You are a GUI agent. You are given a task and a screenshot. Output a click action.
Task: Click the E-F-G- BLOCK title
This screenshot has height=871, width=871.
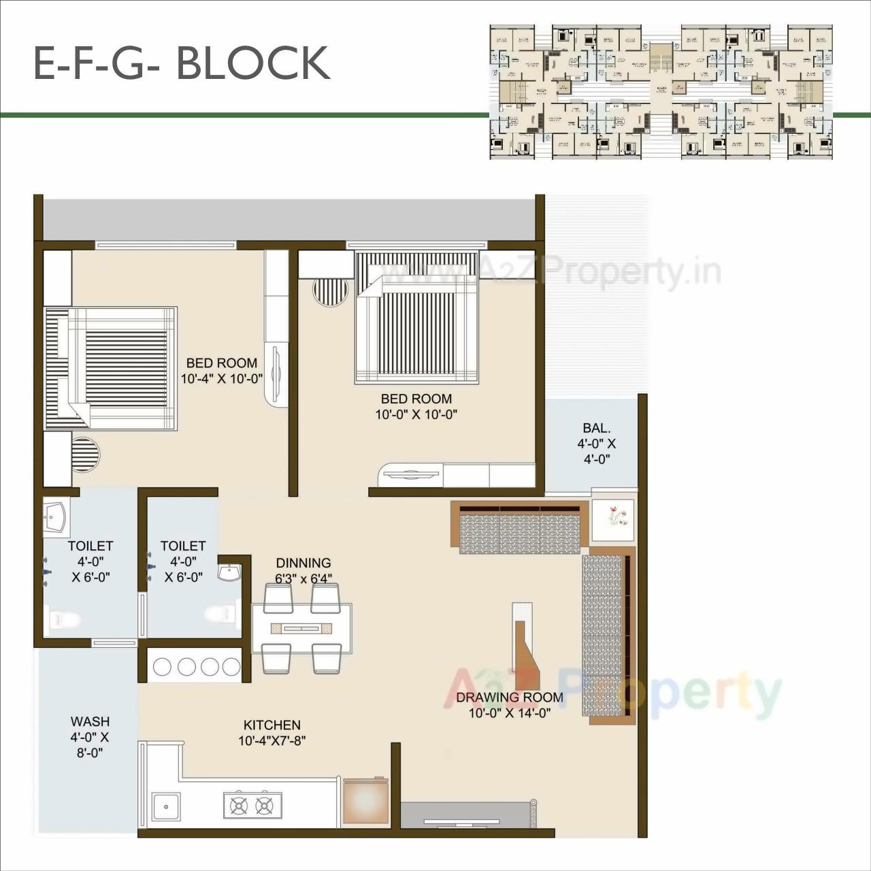182,63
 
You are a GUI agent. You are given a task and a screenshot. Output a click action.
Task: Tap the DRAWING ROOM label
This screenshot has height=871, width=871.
509,697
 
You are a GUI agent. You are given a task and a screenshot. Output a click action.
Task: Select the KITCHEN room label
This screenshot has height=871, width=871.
272,725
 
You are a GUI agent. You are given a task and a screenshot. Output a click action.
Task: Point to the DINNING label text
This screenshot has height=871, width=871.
303,563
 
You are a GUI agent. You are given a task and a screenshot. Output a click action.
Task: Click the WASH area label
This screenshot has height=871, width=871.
90,721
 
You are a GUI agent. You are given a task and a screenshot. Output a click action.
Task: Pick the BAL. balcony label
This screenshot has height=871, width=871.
596,428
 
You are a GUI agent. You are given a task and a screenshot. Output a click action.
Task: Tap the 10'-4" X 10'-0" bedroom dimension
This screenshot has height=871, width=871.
222,379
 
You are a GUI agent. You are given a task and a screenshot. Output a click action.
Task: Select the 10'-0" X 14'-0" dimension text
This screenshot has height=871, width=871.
509,713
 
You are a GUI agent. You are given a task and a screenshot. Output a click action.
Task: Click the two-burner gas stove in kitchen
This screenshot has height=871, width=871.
252,806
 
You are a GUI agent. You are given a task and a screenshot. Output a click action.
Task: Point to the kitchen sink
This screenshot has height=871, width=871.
165,808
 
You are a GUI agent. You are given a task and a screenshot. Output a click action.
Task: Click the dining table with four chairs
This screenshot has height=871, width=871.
301,628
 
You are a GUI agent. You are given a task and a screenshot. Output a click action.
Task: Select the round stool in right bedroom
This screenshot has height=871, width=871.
330,292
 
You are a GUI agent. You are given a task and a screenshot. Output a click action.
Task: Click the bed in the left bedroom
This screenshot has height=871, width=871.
111,368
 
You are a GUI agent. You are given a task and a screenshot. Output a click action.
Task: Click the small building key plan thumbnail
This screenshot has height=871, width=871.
661,92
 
